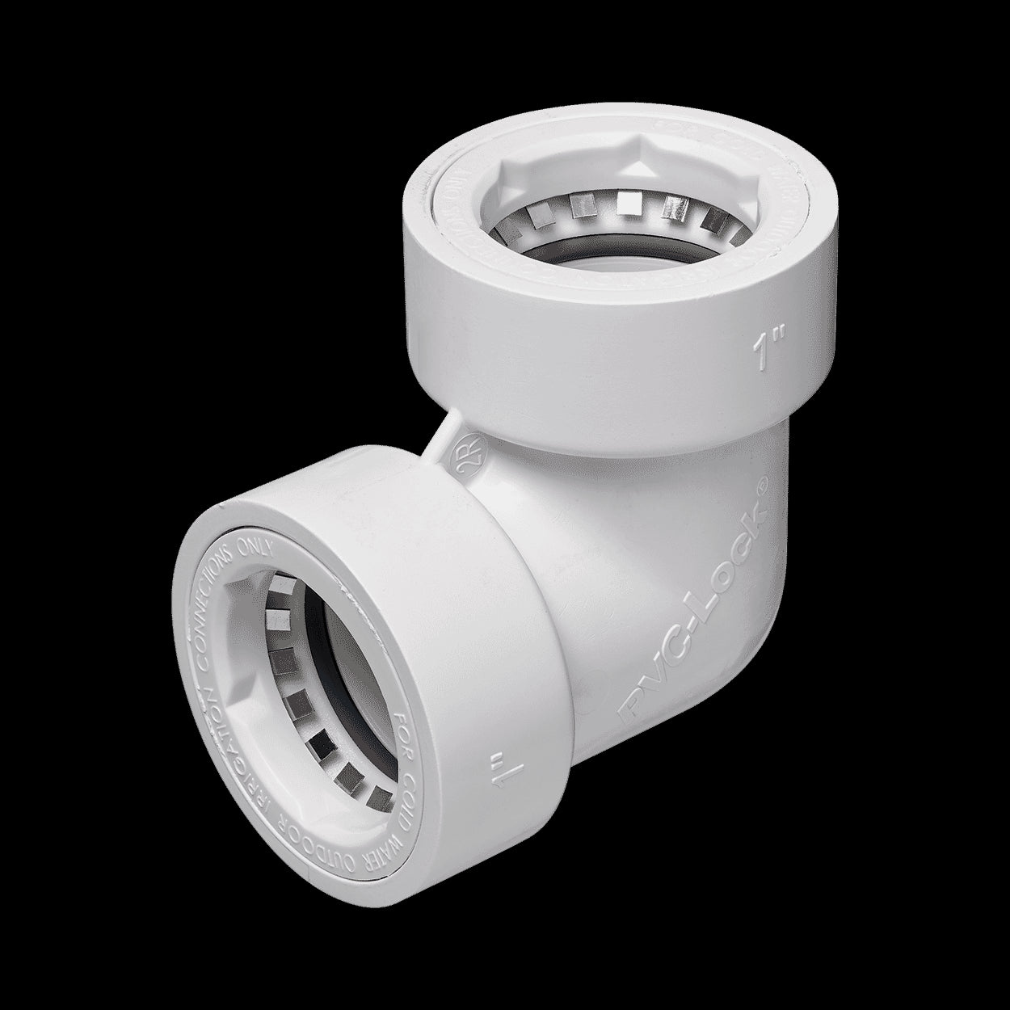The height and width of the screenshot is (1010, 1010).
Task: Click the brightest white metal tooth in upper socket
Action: tap(626, 200)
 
